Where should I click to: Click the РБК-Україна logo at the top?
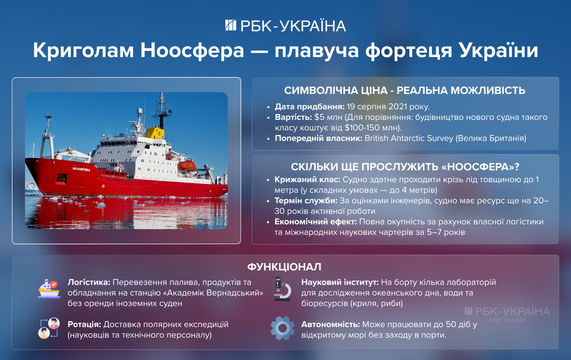[x=285, y=25]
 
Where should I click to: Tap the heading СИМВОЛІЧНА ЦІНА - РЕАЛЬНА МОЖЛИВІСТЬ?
[x=405, y=91]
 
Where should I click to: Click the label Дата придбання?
[x=310, y=107]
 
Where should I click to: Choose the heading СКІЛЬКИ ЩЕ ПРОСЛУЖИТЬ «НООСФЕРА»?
[x=405, y=167]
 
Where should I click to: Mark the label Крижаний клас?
[x=307, y=180]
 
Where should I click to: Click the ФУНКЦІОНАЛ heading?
[x=284, y=267]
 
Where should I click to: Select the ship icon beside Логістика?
[x=48, y=288]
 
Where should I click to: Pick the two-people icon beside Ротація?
[x=48, y=328]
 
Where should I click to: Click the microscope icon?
[x=282, y=288]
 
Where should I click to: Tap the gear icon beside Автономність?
[x=282, y=328]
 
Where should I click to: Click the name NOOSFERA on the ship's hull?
[x=81, y=169]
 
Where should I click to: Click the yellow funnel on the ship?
[x=154, y=132]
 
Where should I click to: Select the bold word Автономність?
[x=330, y=325]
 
